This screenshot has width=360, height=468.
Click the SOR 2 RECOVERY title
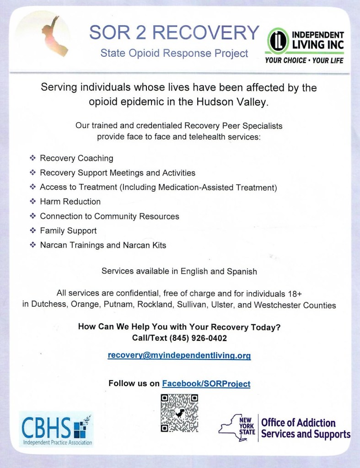click(174, 32)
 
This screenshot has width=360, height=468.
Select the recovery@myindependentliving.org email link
click(179, 355)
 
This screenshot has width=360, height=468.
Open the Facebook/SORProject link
click(206, 383)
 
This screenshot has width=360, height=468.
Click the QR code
click(179, 413)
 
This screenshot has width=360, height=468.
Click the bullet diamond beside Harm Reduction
click(32, 201)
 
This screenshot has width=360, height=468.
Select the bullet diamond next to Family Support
click(32, 231)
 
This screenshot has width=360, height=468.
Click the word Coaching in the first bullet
click(95, 158)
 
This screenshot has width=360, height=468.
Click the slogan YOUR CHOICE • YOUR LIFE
click(304, 60)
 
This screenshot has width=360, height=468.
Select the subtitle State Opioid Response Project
click(174, 54)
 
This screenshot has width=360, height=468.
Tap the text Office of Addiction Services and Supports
click(305, 429)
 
